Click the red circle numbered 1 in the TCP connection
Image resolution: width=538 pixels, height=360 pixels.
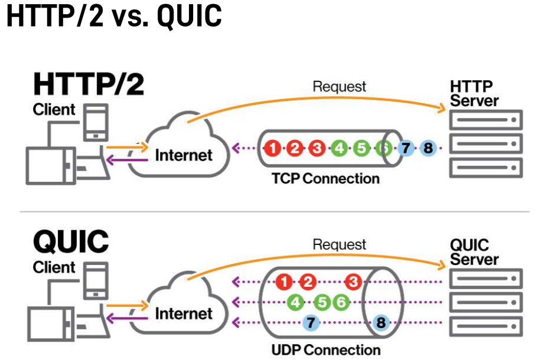pos(272,148)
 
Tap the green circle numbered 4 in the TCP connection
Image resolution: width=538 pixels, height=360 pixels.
pos(338,148)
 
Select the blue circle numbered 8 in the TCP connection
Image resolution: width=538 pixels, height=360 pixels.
pos(428,148)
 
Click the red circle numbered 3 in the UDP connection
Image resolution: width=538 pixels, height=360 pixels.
pos(353,282)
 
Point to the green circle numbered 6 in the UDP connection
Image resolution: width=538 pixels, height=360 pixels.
pos(340,303)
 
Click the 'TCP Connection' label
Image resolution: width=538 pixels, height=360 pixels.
pos(326,178)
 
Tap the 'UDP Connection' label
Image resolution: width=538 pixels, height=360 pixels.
pos(326,349)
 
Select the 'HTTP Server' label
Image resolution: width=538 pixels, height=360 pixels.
pos(474,93)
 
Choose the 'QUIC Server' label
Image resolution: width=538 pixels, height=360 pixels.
pos(474,252)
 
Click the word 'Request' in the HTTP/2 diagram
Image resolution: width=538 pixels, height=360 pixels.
pos(339,86)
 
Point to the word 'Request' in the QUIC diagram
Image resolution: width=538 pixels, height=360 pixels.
pos(339,244)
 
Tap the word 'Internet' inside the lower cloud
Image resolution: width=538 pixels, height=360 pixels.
pos(183,313)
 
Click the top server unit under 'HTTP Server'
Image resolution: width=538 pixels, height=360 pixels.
pos(485,121)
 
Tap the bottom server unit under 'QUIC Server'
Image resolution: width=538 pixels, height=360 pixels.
pos(485,326)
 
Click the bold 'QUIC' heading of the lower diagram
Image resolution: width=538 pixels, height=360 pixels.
pos(71,241)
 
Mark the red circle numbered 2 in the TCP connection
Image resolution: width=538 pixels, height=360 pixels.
pos(294,148)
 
